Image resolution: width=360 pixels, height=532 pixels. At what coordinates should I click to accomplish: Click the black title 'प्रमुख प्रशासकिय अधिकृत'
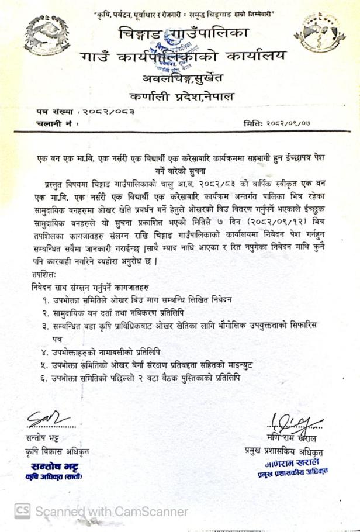point(285,451)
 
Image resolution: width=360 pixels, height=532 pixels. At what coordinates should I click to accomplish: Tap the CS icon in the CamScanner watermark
point(22,511)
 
